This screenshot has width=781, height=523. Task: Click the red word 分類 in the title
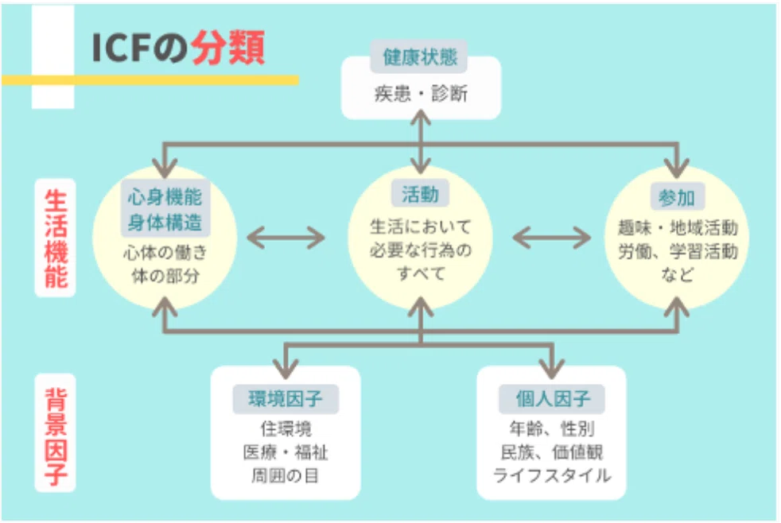pos(228,48)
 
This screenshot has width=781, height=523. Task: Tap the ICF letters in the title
pos(121,48)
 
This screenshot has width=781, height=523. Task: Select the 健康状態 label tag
pos(419,56)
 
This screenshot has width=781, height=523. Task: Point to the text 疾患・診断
pos(421,94)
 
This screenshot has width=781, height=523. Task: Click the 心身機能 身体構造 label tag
pos(165,209)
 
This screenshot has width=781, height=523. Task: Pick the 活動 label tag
pos(420,194)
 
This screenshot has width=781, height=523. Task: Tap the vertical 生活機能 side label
pos(56,238)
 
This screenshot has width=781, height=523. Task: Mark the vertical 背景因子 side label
pos(56,433)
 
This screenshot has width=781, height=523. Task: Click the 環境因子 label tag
pos(286,398)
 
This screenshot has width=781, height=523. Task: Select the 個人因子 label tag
pos(552,398)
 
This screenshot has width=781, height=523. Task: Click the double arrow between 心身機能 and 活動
pos(286,238)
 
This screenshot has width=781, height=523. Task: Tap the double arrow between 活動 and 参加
pos(551,238)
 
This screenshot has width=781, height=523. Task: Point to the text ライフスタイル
pos(552,475)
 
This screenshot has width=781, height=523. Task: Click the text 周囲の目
pos(285,475)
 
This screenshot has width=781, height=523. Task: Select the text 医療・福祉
pos(286,451)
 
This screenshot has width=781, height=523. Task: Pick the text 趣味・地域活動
pos(678,227)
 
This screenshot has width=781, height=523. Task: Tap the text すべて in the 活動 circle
pos(421,273)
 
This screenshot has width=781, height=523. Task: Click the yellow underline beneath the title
pos(150,80)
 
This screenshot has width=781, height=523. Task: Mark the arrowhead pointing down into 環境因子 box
pos(286,369)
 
